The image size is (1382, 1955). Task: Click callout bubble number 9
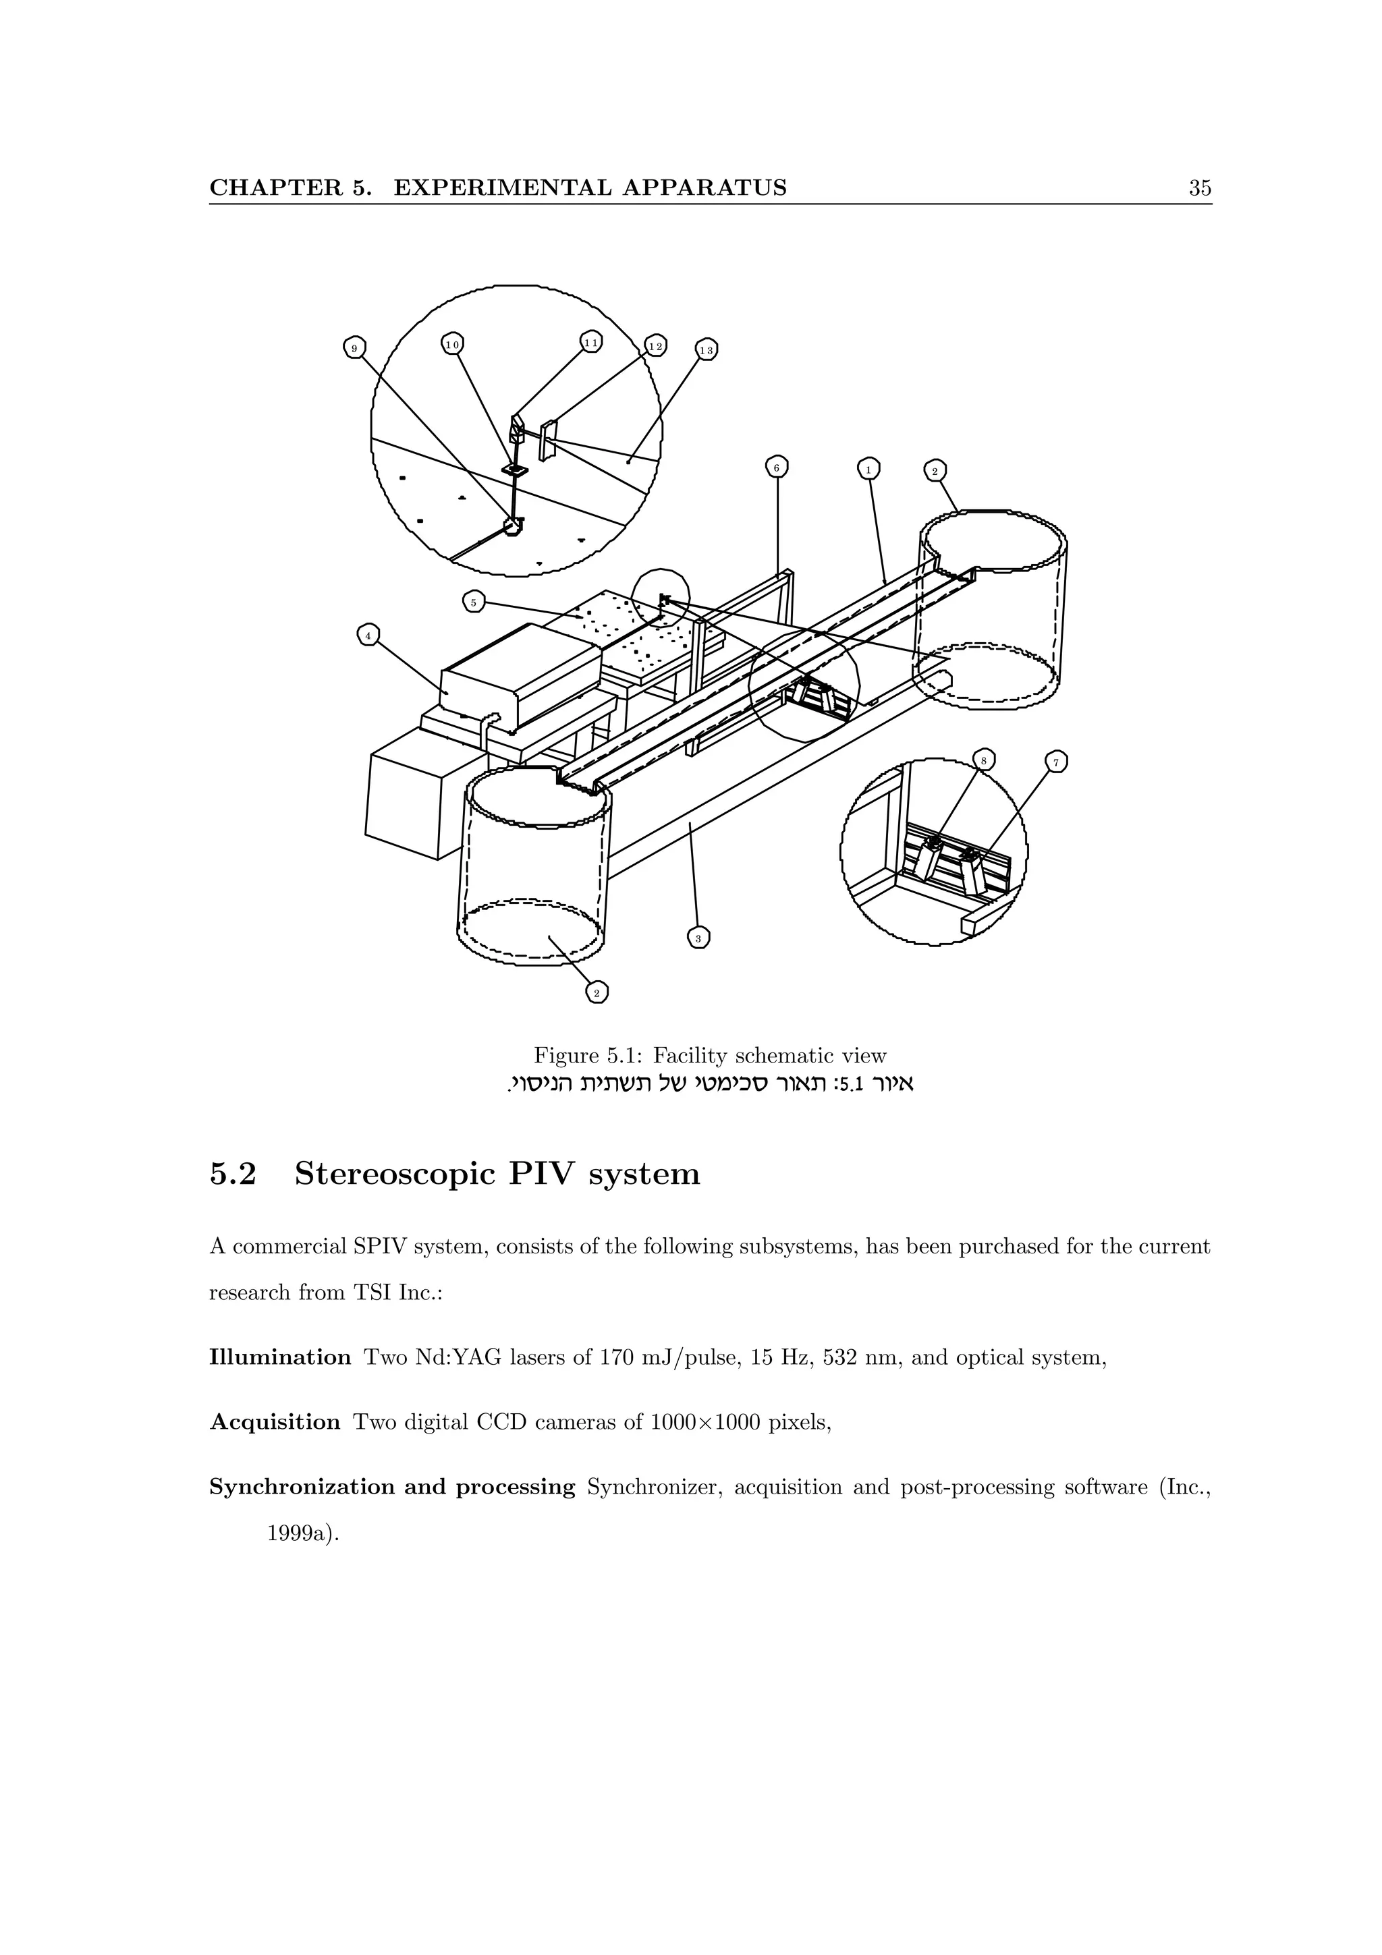pyautogui.click(x=355, y=347)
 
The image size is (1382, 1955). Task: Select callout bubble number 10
pyautogui.click(x=452, y=344)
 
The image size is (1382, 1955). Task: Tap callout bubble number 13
pyautogui.click(x=707, y=350)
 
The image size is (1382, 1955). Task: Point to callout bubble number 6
pyautogui.click(x=776, y=468)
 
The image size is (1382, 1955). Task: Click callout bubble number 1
pyautogui.click(x=868, y=469)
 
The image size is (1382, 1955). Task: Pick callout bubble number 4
pyautogui.click(x=368, y=635)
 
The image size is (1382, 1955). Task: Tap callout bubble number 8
pyautogui.click(x=983, y=760)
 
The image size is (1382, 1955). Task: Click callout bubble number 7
pyautogui.click(x=1056, y=762)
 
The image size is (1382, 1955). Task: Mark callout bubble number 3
pyautogui.click(x=698, y=938)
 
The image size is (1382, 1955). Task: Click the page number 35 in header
pyautogui.click(x=1199, y=188)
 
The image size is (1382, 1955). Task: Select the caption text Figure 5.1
pyautogui.click(x=588, y=1056)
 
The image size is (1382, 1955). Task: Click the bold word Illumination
pyautogui.click(x=279, y=1357)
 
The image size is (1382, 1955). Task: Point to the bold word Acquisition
pyautogui.click(x=274, y=1422)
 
